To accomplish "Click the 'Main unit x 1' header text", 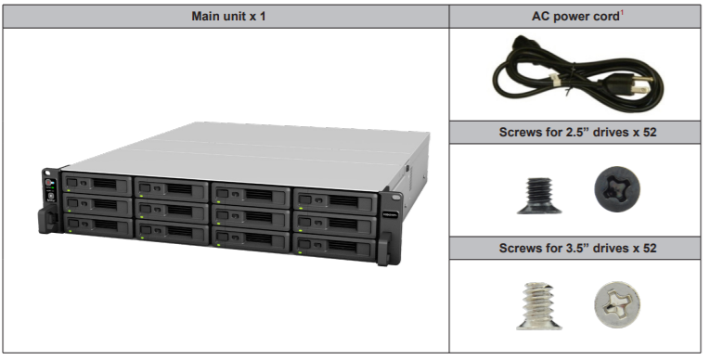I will tap(227, 17).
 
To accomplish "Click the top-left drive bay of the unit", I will tap(97, 184).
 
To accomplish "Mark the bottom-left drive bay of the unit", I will tap(97, 225).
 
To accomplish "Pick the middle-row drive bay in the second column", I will tap(173, 208).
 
